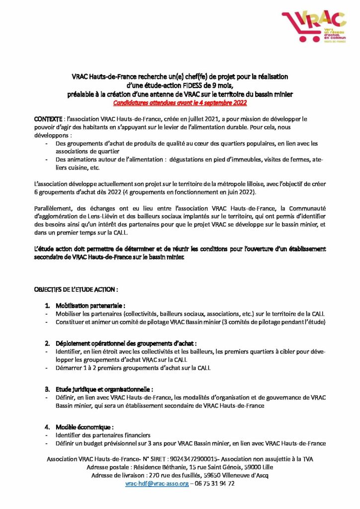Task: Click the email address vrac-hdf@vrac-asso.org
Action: click(x=157, y=483)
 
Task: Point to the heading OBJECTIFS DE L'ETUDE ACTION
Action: click(x=76, y=289)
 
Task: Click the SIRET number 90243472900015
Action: click(x=193, y=459)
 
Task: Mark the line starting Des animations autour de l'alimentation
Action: click(x=184, y=160)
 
